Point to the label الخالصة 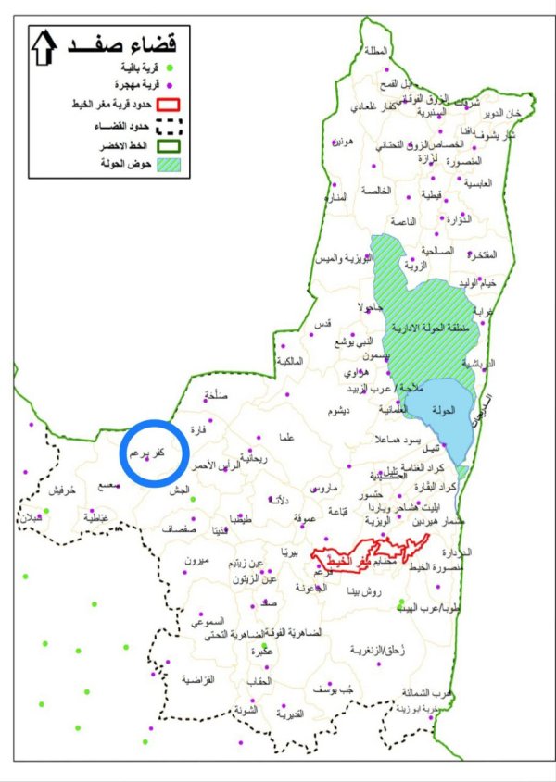(x=376, y=191)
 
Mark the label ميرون (x=198, y=562)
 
